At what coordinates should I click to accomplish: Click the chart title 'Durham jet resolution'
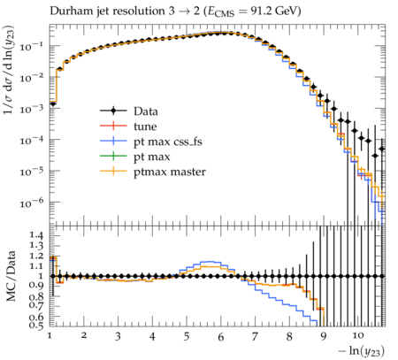[x=107, y=11]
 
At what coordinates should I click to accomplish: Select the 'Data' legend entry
[x=129, y=111]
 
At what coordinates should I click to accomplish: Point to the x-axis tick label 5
[x=187, y=336]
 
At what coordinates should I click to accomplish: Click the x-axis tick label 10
[x=357, y=336]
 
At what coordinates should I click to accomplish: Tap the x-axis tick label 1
[x=50, y=336]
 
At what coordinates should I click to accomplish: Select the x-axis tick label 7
[x=255, y=336]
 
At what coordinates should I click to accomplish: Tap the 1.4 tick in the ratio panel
[x=36, y=235]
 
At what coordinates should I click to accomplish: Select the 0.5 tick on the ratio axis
[x=36, y=325]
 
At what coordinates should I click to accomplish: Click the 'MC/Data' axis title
[x=11, y=276]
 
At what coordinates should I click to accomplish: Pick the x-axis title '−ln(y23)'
[x=362, y=351]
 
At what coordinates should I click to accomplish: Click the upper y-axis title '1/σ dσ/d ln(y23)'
[x=10, y=70]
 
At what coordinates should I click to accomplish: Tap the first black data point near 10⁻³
[x=53, y=103]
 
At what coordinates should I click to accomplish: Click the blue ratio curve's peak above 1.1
[x=210, y=262]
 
